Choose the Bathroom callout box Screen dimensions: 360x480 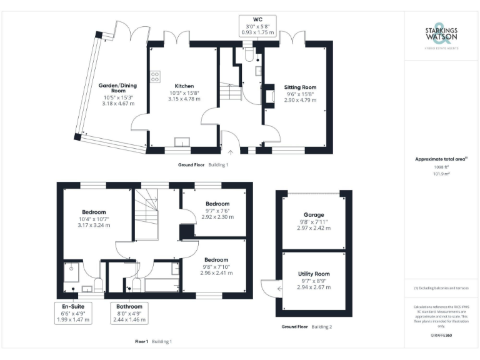pos(129,312)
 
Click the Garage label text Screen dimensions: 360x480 pos(314,214)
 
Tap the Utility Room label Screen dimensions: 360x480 pos(314,274)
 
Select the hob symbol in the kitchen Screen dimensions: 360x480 pos(154,76)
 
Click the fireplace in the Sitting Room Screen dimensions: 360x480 pos(269,97)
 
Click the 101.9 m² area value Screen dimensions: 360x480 pos(441,174)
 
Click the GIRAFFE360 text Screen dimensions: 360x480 pos(441,336)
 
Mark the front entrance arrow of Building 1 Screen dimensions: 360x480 pos(231,151)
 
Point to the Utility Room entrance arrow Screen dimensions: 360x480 pos(279,288)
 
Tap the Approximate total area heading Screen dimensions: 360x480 pos(441,159)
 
